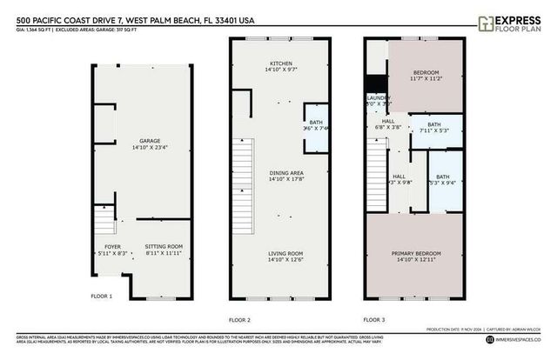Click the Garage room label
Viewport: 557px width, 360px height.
point(139,140)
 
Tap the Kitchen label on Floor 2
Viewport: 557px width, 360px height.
point(279,64)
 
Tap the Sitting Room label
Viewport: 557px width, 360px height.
point(163,247)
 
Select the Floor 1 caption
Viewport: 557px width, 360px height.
point(102,297)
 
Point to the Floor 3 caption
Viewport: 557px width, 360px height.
point(374,320)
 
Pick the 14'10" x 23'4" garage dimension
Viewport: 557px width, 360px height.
point(139,147)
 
